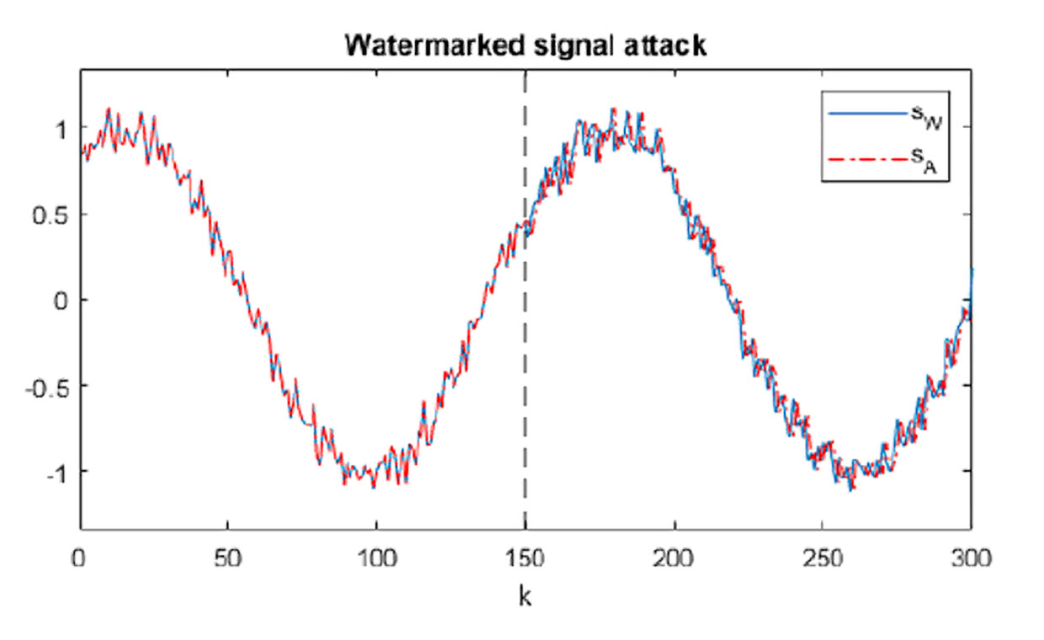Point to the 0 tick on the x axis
coord(80,557)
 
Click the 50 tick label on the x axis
coord(227,557)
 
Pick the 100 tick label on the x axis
coord(376,557)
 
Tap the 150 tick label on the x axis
coord(525,557)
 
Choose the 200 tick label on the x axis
coord(674,557)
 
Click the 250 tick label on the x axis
coord(823,557)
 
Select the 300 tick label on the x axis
coord(971,557)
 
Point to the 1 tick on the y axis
coord(57,127)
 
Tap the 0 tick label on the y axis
coord(57,300)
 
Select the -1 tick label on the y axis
coord(53,472)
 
